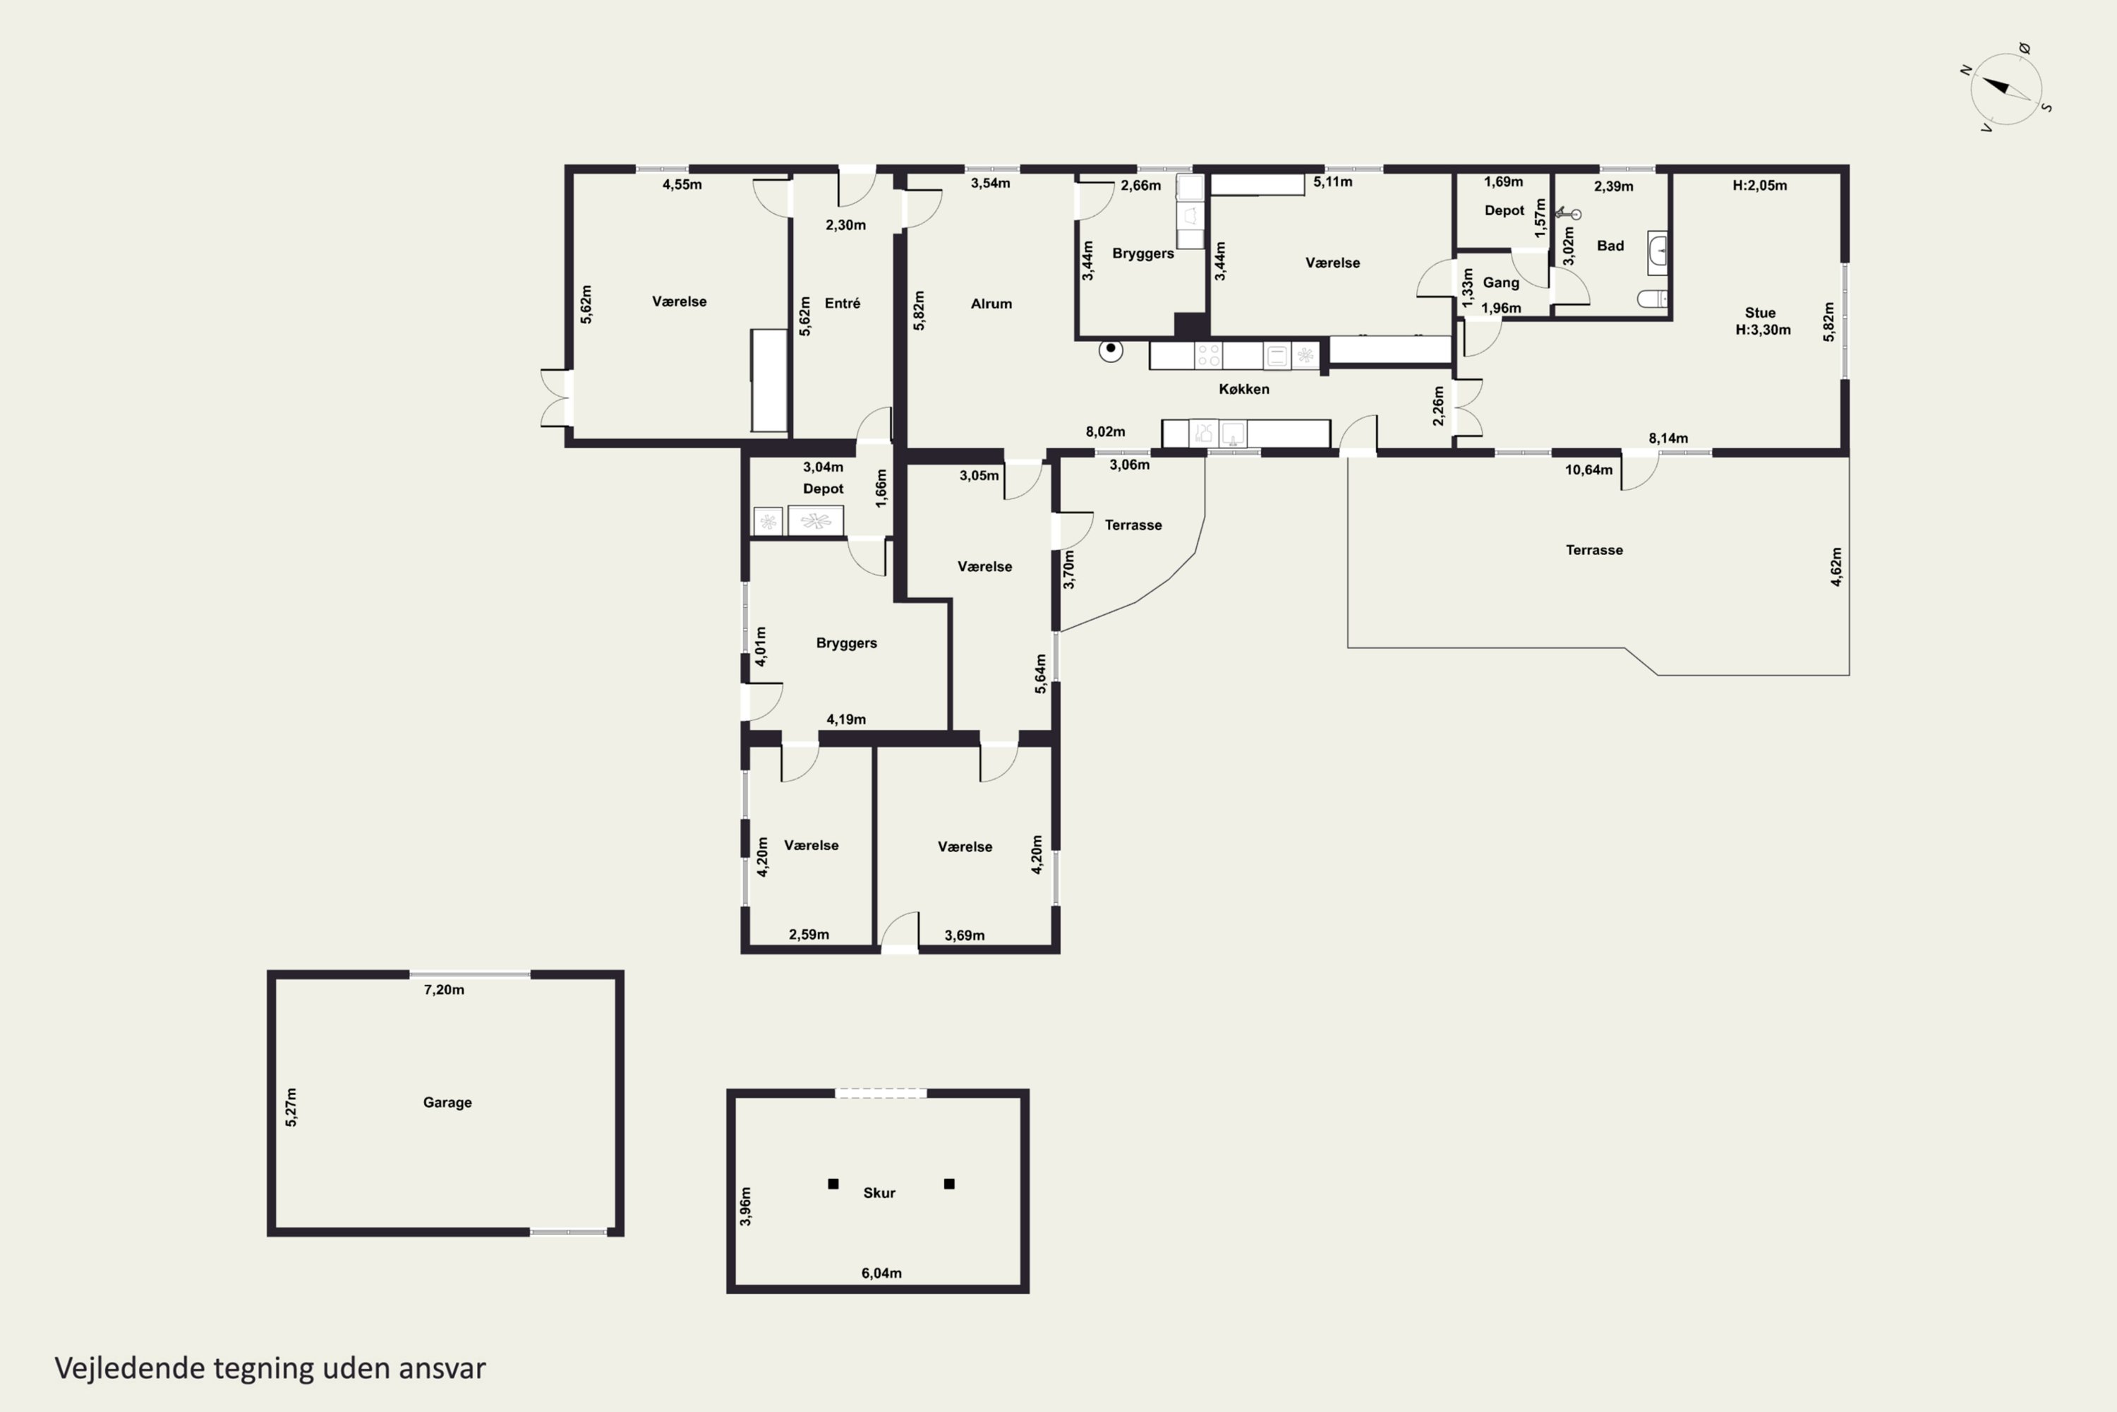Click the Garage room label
tap(447, 1102)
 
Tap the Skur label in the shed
tap(879, 1193)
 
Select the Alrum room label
tap(991, 304)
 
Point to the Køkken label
tap(1244, 389)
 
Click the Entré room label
tap(843, 304)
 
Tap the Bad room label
tap(1610, 246)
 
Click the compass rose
tap(2006, 88)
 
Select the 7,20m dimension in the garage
tap(444, 990)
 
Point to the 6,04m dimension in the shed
tap(881, 1274)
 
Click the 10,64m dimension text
tap(1588, 470)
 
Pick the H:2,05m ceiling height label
tap(1760, 186)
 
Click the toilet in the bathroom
tap(1653, 298)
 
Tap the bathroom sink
tap(1657, 253)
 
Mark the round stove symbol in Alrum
tap(1111, 349)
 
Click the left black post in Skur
tap(833, 1184)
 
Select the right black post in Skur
tap(948, 1184)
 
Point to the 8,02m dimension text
tap(1105, 432)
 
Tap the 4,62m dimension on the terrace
tap(1836, 566)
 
